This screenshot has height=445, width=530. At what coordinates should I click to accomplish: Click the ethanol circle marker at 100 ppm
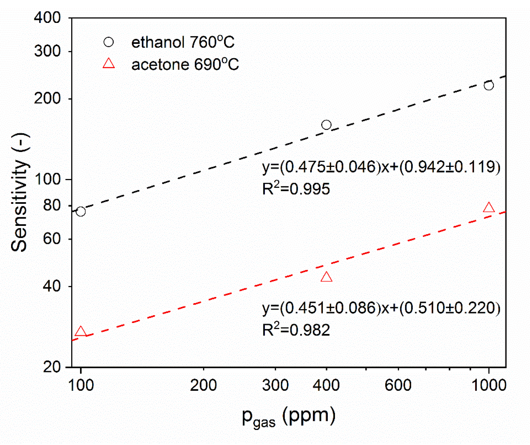click(x=81, y=212)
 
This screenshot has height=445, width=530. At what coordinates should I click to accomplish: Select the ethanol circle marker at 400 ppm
click(x=326, y=125)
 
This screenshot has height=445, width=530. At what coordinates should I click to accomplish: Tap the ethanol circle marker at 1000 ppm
click(x=489, y=85)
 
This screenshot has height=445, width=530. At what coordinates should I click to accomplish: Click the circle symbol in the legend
click(x=109, y=42)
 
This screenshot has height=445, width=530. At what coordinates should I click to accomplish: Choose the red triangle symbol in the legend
click(x=109, y=64)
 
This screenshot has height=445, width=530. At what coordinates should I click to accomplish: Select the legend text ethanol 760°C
click(x=183, y=42)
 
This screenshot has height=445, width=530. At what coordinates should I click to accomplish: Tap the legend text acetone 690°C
click(x=185, y=64)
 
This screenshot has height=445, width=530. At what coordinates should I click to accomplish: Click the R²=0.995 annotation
click(x=296, y=188)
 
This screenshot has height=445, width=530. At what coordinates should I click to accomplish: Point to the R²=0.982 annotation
click(x=296, y=329)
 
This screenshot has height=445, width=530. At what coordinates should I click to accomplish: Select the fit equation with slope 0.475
click(x=381, y=167)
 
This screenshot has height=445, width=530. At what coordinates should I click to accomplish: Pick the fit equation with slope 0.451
click(x=381, y=308)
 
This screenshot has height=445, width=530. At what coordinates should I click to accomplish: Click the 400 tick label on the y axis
click(x=47, y=18)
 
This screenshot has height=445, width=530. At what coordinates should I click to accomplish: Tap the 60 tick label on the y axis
click(x=51, y=239)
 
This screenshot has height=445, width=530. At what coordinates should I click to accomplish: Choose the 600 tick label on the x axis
click(x=398, y=385)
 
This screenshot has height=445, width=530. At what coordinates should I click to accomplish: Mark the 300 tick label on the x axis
click(x=275, y=385)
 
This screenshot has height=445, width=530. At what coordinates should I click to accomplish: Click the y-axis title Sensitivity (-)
click(x=19, y=192)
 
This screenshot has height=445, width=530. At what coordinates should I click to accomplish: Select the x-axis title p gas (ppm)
click(x=288, y=416)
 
